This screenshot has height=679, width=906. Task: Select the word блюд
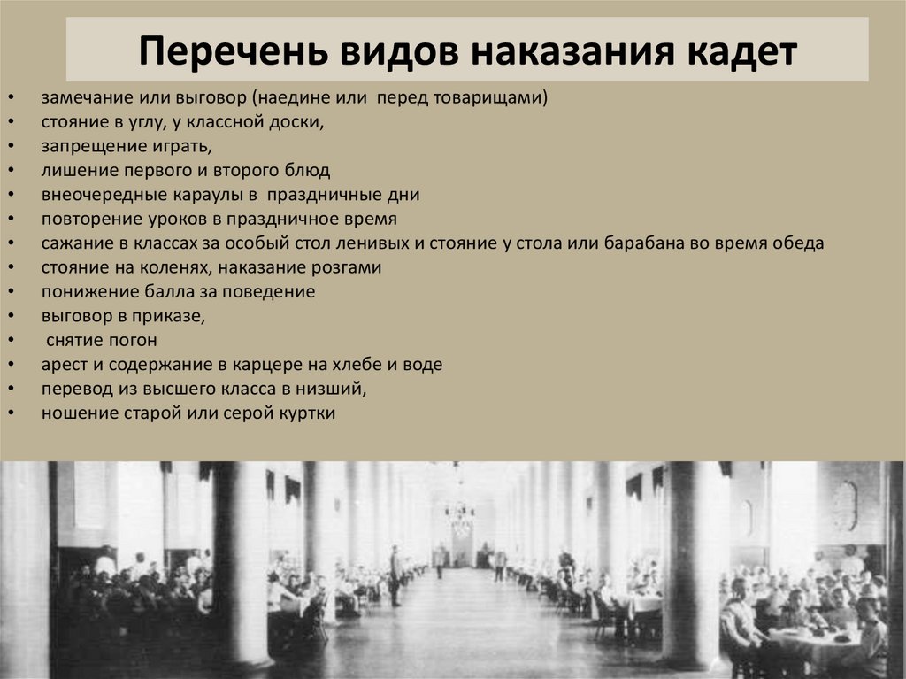[313, 170]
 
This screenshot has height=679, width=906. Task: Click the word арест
[63, 364]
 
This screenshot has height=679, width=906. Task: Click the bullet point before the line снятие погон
[9, 340]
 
